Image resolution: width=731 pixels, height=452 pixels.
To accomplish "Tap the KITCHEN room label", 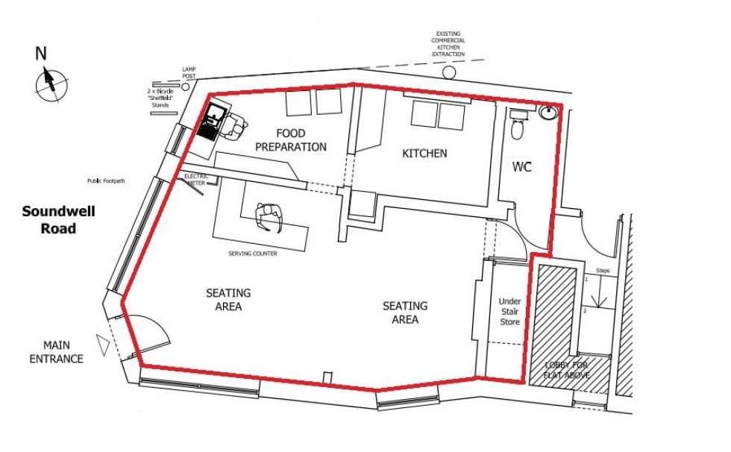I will tap(424, 154).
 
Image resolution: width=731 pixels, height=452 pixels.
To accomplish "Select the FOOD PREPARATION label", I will tap(291, 140).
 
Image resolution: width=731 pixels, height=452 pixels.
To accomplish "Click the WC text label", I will tap(522, 166).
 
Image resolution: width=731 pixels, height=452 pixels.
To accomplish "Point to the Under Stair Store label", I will tap(509, 312).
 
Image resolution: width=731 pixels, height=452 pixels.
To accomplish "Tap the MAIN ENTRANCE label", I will tap(56, 352).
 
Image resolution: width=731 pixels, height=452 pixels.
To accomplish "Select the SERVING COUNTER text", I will tap(253, 254).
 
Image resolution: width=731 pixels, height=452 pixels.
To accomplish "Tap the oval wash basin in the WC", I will tap(550, 113).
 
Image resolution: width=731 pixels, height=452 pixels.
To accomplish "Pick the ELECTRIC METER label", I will tap(195, 179).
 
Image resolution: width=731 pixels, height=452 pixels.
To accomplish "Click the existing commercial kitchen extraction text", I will tap(450, 44).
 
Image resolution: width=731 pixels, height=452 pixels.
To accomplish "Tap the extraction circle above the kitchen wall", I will tap(449, 72).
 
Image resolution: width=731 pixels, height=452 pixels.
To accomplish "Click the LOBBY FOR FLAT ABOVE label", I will tap(566, 370).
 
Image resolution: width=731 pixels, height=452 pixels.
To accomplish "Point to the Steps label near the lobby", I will tap(603, 271).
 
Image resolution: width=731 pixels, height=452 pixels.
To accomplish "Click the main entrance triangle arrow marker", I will tap(101, 343).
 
